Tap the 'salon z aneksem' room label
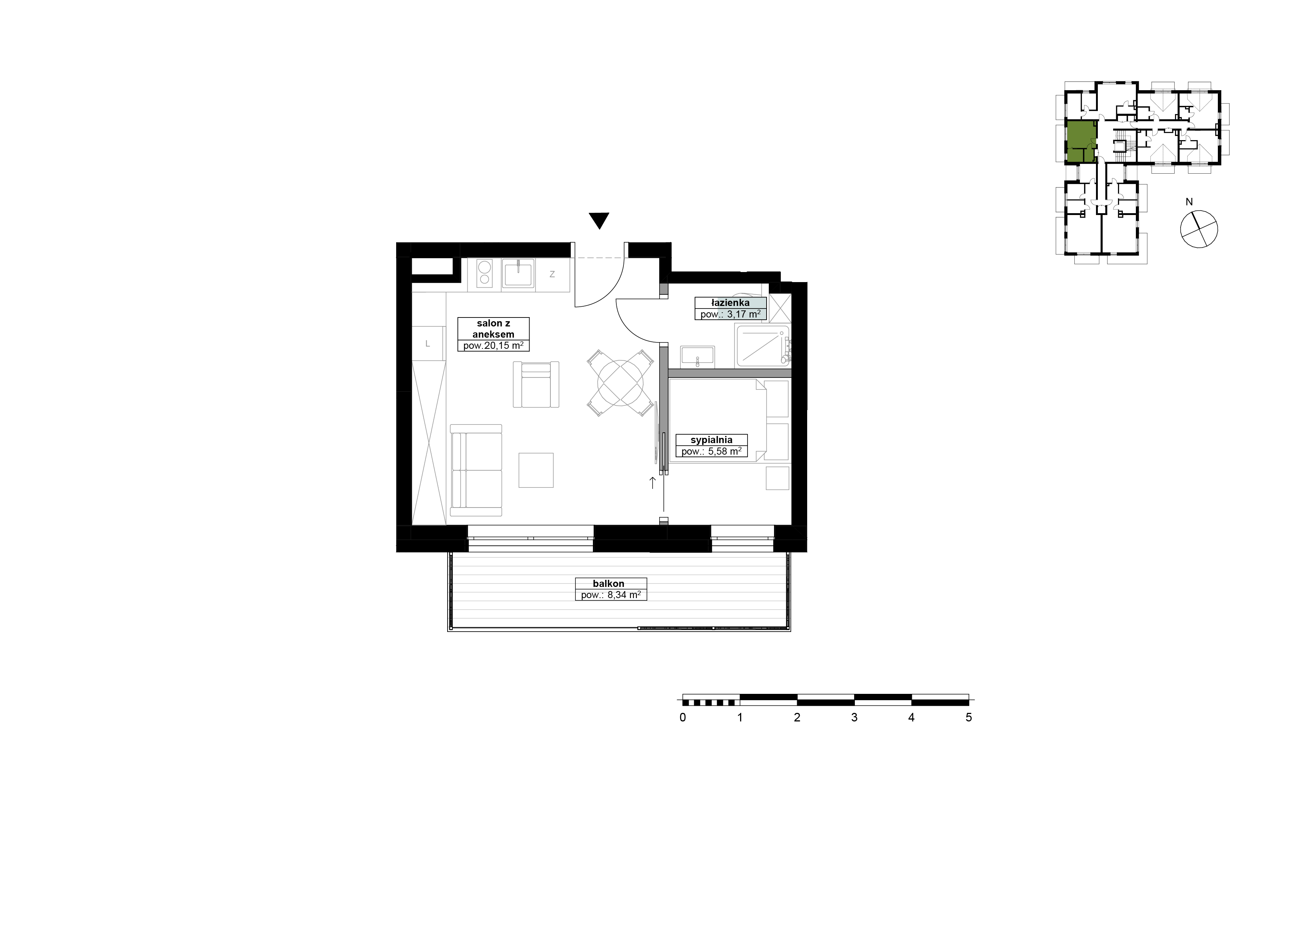coord(493,329)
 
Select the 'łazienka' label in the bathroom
coord(730,303)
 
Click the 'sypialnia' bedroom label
coord(711,440)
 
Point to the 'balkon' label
coord(609,584)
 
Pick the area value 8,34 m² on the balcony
coord(620,595)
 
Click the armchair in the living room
coord(536,385)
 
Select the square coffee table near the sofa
coord(536,470)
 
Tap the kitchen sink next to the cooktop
coord(518,274)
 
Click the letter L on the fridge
coord(427,344)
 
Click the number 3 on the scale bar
coord(854,717)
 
